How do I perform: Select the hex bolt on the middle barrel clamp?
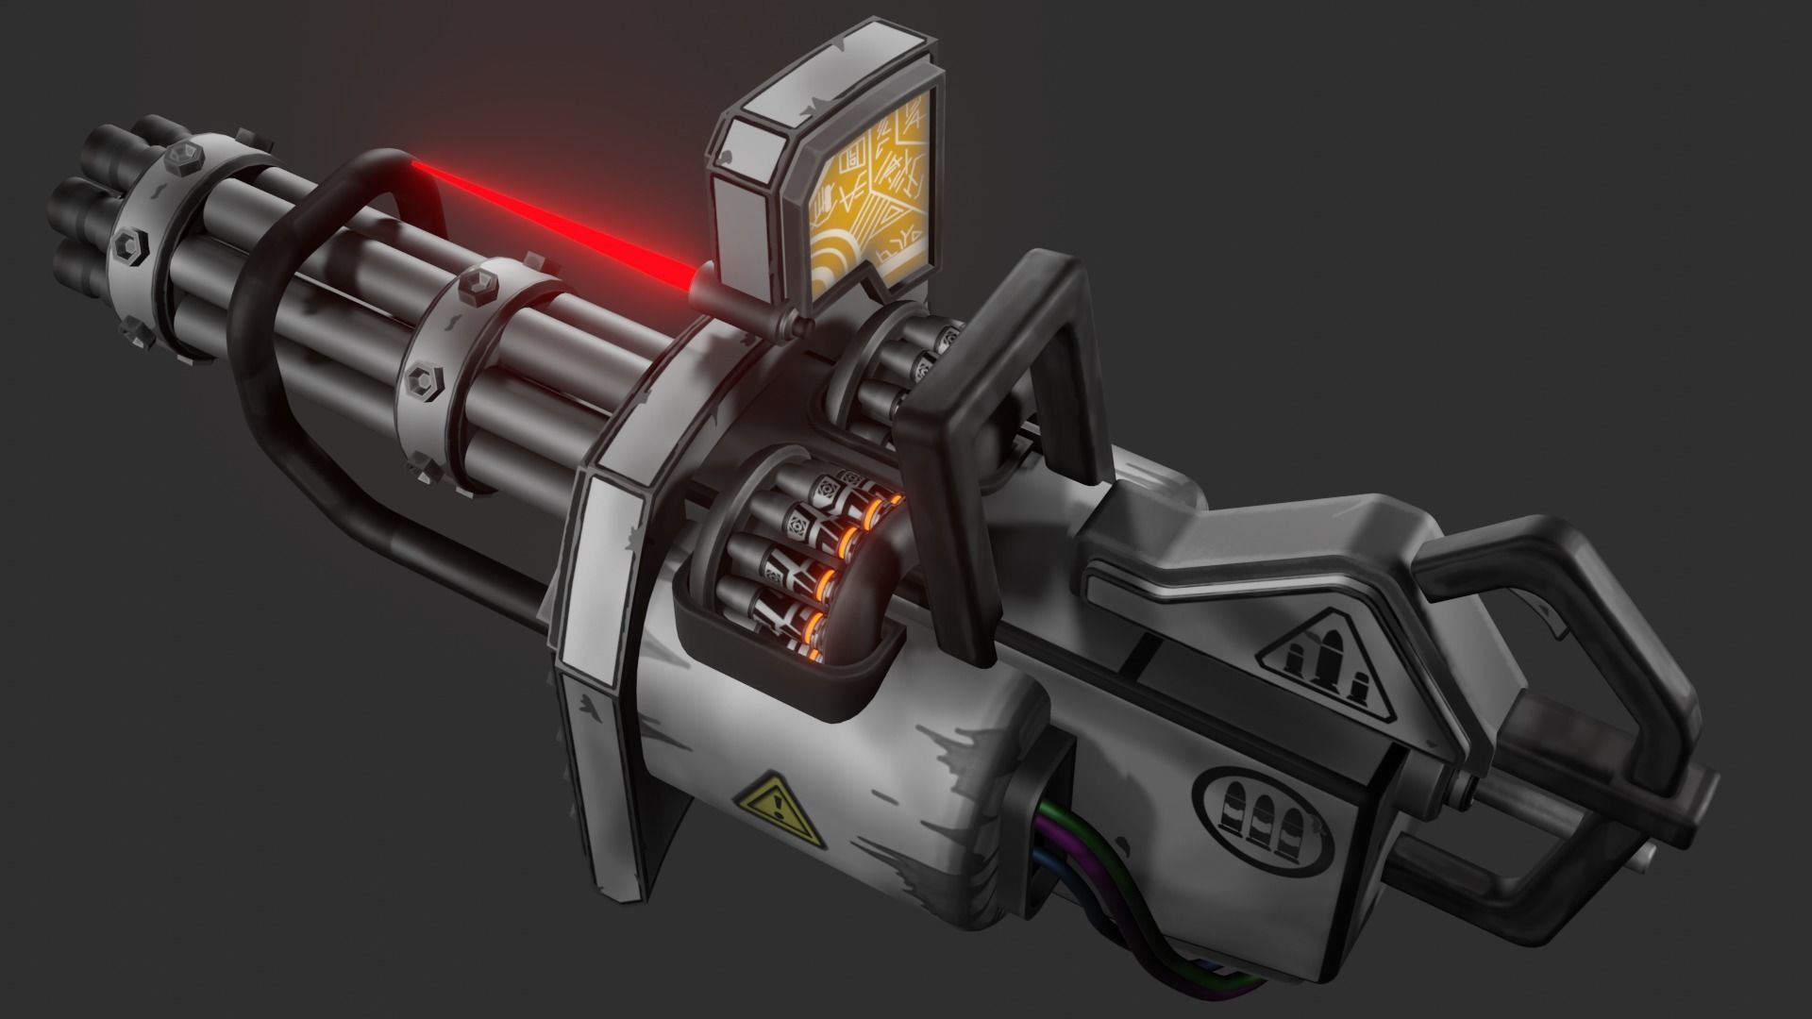tap(422, 380)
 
